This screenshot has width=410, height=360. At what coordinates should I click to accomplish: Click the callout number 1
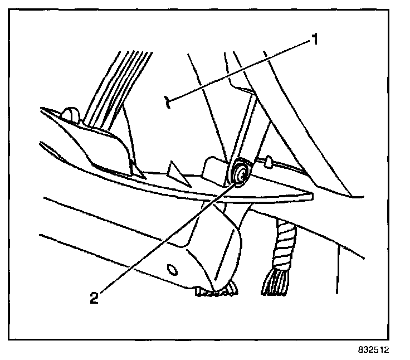(x=314, y=40)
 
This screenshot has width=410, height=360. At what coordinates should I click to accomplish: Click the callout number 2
(x=95, y=297)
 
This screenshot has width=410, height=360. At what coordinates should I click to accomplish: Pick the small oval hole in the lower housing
(x=173, y=270)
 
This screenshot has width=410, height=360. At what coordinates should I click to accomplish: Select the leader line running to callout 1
(x=240, y=70)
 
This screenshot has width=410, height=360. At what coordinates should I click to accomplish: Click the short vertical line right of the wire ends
(x=338, y=267)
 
